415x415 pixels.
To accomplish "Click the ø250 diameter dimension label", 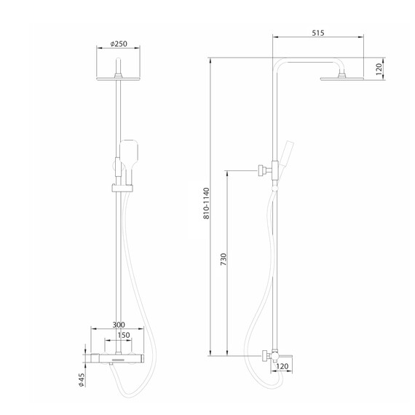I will (x=119, y=44).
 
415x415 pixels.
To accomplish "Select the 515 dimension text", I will (x=317, y=32).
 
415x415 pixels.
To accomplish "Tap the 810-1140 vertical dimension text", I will (x=207, y=204).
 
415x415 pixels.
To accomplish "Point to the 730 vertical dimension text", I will (x=224, y=260).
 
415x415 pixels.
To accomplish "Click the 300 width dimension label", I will (x=119, y=325).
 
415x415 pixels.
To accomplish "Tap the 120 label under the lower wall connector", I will (x=283, y=368).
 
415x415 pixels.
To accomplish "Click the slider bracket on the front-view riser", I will (x=119, y=189).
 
